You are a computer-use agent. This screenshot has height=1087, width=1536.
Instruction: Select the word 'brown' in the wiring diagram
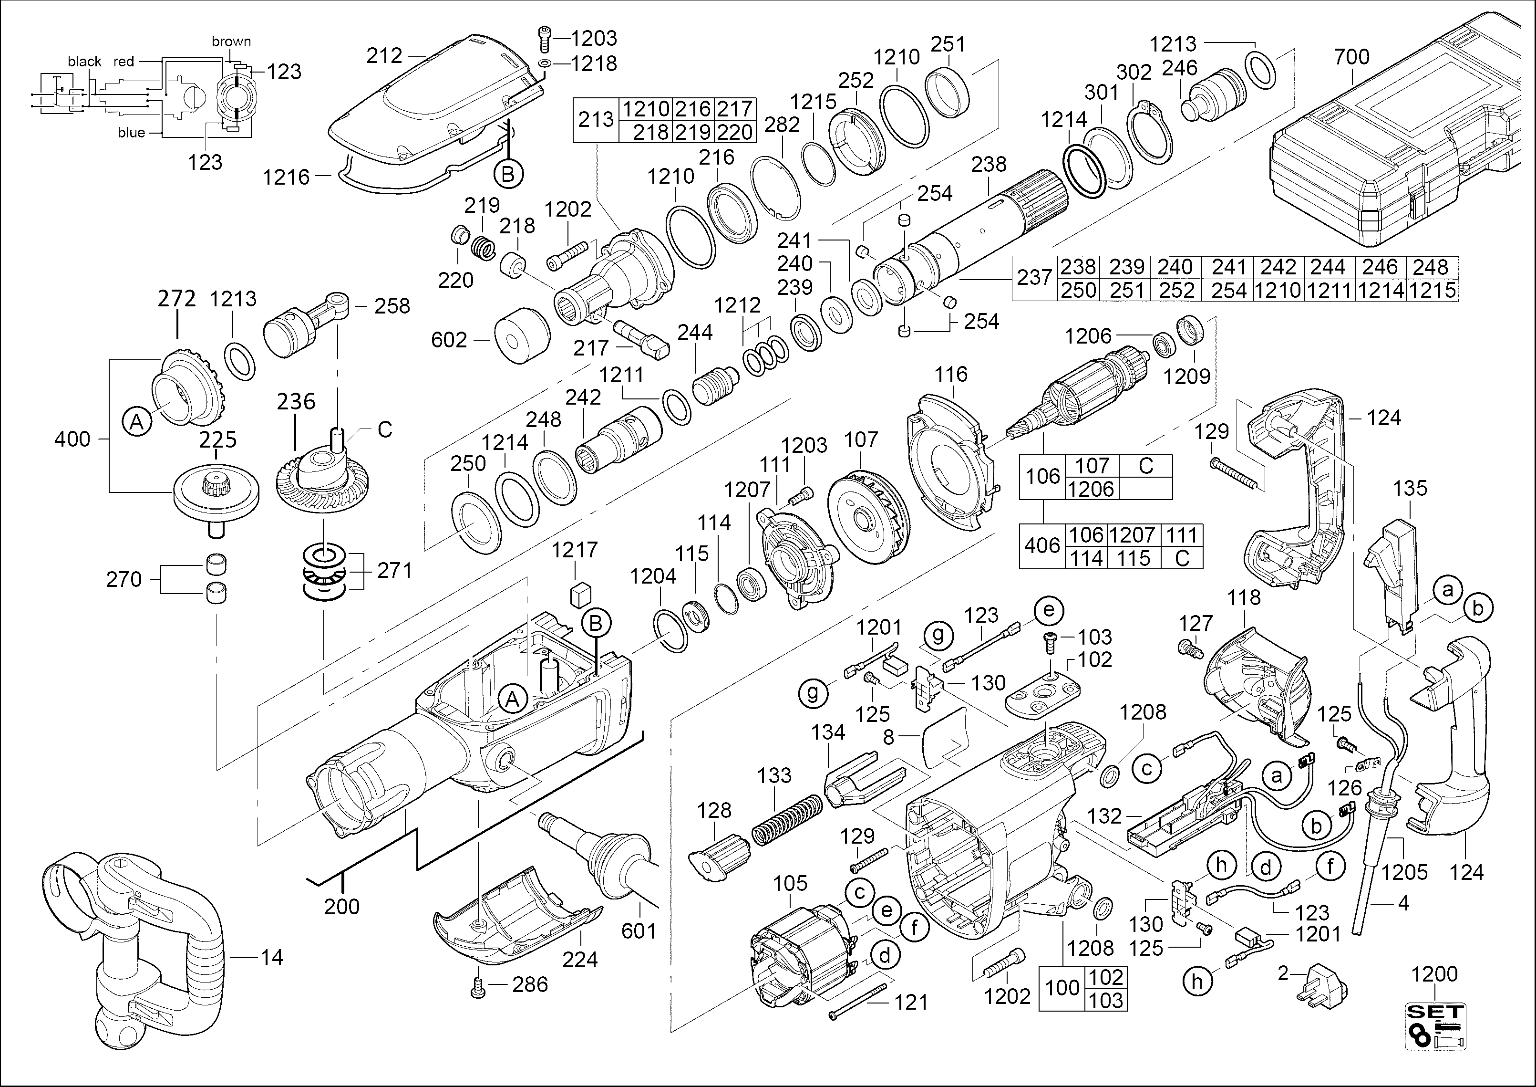click(231, 42)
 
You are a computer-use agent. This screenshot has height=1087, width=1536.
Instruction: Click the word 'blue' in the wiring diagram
click(131, 133)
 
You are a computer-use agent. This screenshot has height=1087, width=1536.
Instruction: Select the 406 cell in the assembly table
click(1041, 546)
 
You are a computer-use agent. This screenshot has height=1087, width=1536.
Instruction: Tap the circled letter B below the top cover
click(508, 175)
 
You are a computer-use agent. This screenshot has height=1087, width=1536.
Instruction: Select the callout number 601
click(639, 931)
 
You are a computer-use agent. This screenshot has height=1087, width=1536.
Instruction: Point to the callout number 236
click(296, 402)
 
